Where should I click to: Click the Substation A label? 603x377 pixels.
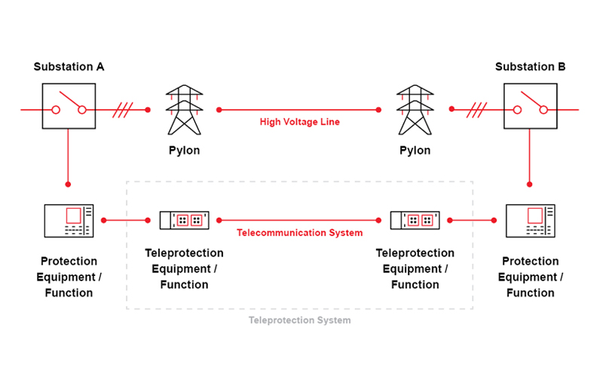(69, 67)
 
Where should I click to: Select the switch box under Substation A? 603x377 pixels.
(69, 109)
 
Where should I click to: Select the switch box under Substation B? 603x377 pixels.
(531, 109)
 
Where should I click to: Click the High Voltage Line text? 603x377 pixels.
(300, 122)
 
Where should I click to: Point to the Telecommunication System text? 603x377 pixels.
(300, 233)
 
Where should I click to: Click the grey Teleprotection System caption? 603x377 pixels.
(300, 320)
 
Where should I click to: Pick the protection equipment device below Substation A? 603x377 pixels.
(69, 220)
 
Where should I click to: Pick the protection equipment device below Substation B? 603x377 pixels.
(531, 220)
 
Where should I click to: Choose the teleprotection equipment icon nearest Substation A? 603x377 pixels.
(184, 220)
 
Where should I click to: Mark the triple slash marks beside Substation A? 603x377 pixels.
(123, 110)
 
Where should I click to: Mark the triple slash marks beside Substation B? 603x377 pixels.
(476, 110)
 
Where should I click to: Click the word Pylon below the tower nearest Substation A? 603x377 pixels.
(184, 151)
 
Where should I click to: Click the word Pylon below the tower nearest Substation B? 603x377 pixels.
(415, 151)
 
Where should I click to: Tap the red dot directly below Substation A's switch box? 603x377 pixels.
(69, 184)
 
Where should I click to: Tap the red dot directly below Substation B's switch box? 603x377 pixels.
(531, 184)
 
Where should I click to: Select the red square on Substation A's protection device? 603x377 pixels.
(73, 216)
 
